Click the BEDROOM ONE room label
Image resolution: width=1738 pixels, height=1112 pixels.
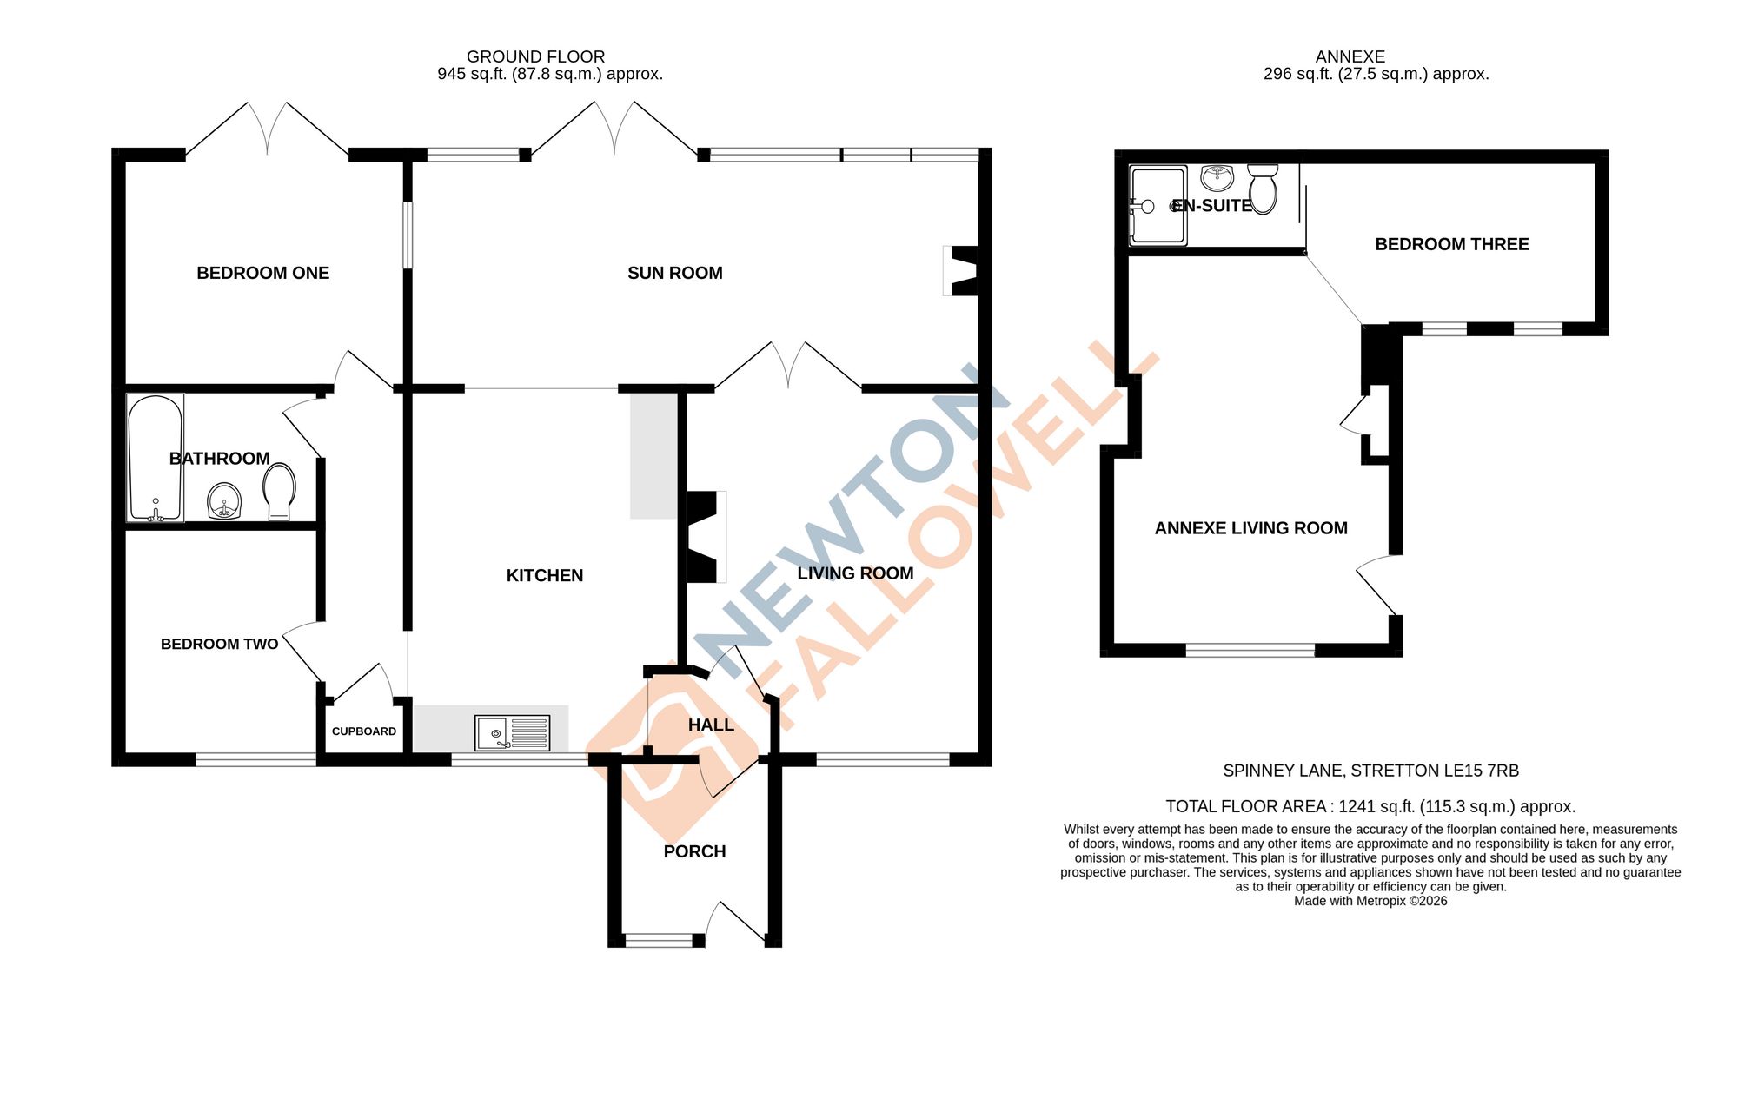pos(262,273)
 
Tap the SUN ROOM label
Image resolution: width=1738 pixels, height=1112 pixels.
pos(674,273)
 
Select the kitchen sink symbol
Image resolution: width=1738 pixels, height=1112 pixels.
pos(512,733)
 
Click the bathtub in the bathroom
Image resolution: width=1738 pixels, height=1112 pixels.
pos(156,458)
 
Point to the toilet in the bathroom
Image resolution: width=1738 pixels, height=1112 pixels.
pos(279,492)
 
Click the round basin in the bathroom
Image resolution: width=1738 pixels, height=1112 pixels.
pos(224,502)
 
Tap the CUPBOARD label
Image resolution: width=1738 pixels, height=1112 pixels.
pos(363,731)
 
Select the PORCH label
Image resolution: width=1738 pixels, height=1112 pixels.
pos(694,851)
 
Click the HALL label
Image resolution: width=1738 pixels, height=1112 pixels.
pos(711,725)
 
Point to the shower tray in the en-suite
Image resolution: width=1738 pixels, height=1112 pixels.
pos(1157,205)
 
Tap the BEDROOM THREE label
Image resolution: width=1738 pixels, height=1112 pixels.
pos(1451,244)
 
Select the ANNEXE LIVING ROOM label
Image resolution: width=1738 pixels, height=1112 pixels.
pos(1250,528)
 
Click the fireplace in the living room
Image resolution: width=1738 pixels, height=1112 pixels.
pos(705,537)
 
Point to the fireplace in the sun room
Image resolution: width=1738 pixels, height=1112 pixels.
pos(962,271)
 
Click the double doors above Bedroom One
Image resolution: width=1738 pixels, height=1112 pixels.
pos(267,130)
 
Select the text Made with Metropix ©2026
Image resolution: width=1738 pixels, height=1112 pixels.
pos(1370,901)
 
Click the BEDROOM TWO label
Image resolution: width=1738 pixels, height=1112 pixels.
pos(219,644)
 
